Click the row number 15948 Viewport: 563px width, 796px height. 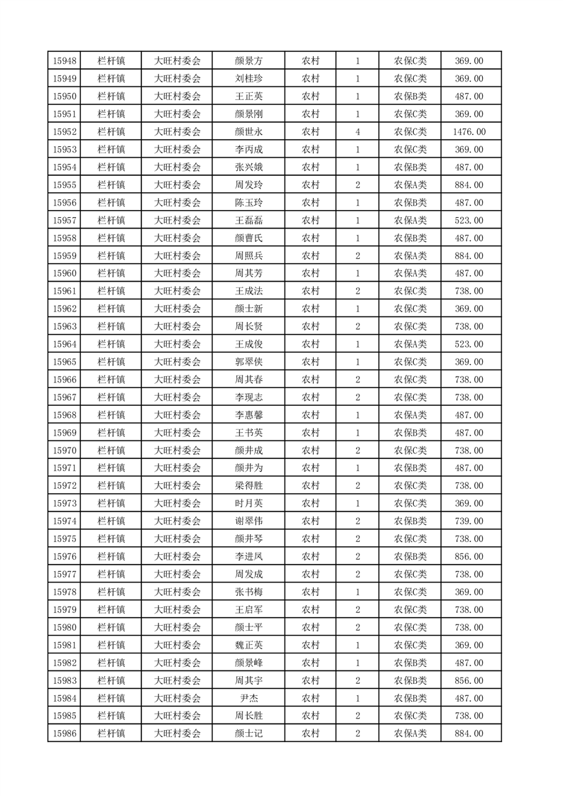point(65,61)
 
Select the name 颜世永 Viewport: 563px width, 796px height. point(248,132)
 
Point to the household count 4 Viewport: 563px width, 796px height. point(357,132)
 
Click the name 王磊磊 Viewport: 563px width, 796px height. point(248,221)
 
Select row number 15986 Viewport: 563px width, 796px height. point(65,734)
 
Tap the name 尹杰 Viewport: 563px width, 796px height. point(248,698)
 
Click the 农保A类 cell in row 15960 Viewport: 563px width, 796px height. point(410,273)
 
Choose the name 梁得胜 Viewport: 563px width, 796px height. point(248,485)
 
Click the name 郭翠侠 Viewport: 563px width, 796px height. point(248,362)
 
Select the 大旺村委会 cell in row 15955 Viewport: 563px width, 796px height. point(177,185)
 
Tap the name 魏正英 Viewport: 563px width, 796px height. point(248,645)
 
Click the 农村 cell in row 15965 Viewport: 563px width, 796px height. point(310,362)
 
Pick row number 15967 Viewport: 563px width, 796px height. point(65,397)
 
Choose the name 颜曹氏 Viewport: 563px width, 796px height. point(248,238)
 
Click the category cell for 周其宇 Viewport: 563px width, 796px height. point(410,680)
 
